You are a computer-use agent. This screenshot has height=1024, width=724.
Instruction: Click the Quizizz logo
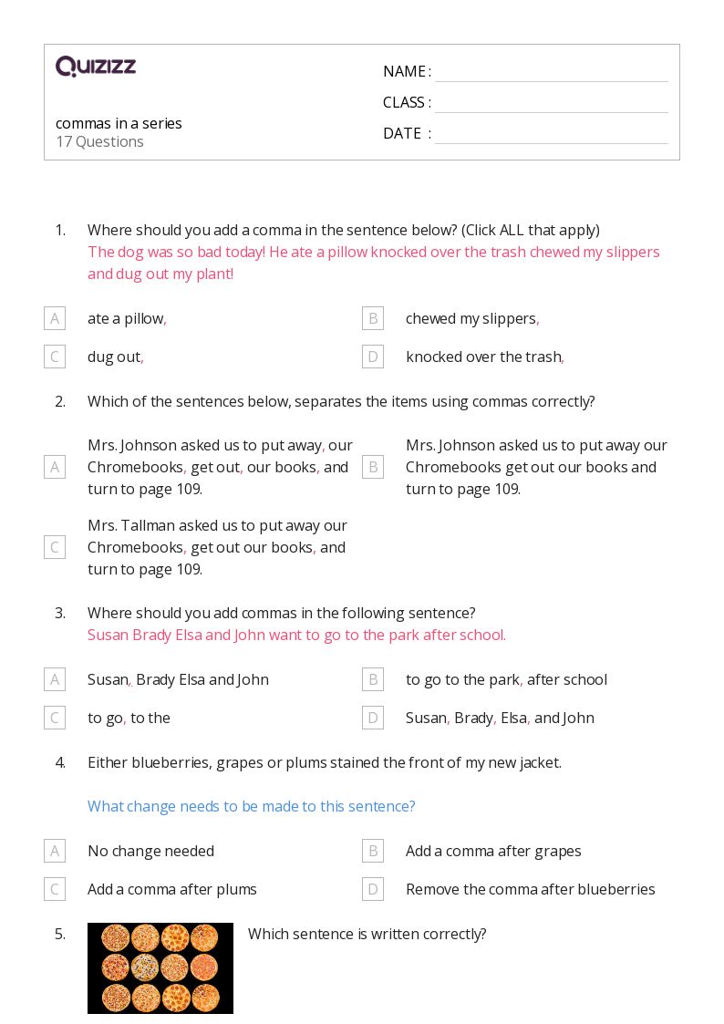96,67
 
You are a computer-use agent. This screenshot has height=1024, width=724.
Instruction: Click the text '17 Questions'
99,141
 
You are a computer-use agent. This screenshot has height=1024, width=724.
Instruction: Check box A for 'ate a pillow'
55,318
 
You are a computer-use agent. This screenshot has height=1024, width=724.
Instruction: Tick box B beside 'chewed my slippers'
372,318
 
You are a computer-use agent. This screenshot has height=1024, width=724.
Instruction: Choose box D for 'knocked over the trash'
372,357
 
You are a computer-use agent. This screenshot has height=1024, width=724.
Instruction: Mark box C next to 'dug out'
55,357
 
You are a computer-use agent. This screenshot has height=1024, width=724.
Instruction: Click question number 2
60,401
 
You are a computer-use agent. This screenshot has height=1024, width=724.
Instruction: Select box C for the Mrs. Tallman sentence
55,547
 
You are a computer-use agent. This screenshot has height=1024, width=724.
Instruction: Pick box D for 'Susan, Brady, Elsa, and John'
372,718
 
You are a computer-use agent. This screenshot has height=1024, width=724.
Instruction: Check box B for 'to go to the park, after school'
372,679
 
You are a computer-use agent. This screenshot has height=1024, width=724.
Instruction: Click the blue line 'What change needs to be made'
251,806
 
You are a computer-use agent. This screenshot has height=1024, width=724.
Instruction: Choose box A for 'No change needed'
55,851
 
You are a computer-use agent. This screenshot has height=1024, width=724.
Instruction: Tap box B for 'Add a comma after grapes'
372,851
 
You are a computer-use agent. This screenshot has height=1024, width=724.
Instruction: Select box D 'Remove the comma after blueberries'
372,889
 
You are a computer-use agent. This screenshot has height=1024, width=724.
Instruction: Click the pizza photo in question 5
160,968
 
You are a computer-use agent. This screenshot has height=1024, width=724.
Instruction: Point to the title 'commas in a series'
119,123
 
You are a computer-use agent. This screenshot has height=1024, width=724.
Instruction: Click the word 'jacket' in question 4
538,762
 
